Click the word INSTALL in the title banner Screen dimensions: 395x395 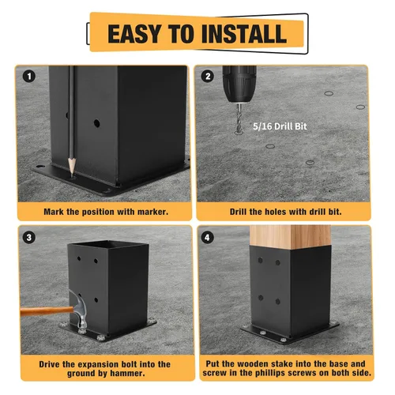pyautogui.click(x=243, y=34)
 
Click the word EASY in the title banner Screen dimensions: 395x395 pyautogui.click(x=134, y=34)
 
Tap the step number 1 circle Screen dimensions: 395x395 pyautogui.click(x=29, y=77)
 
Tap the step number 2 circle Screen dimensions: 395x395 pyautogui.click(x=208, y=77)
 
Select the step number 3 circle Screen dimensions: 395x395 pyautogui.click(x=28, y=237)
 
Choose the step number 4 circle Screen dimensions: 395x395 pyautogui.click(x=207, y=238)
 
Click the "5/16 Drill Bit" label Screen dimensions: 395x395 pyautogui.click(x=280, y=126)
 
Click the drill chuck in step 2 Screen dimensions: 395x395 pyautogui.click(x=239, y=84)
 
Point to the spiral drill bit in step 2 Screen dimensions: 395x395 pyautogui.click(x=239, y=118)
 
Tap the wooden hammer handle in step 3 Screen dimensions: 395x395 pyautogui.click(x=47, y=311)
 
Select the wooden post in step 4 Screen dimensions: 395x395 pyautogui.click(x=290, y=237)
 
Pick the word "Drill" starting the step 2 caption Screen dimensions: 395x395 pyautogui.click(x=239, y=212)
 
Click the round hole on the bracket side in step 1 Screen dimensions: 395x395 pyautogui.click(x=97, y=123)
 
